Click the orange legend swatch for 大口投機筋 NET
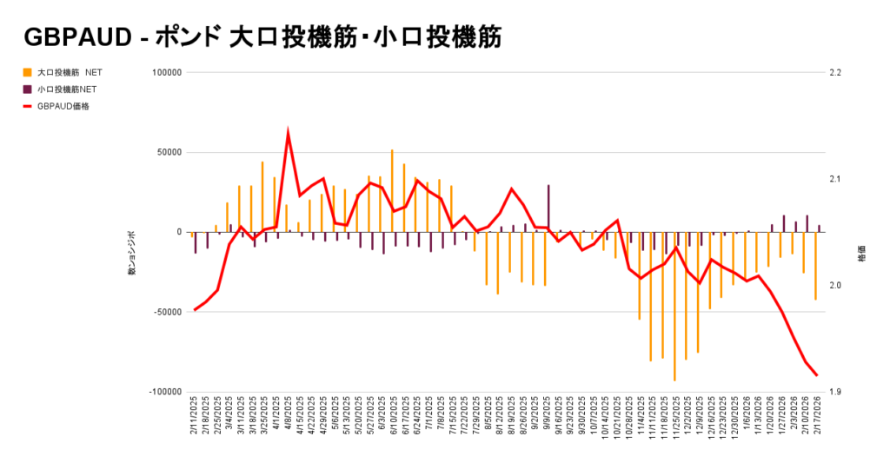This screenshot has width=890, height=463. pyautogui.click(x=28, y=71)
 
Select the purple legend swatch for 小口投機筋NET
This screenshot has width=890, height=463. pyautogui.click(x=28, y=89)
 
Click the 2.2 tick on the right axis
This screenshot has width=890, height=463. pyautogui.click(x=836, y=73)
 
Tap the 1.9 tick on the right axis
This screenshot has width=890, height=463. pyautogui.click(x=836, y=392)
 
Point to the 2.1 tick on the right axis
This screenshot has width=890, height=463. pyautogui.click(x=836, y=179)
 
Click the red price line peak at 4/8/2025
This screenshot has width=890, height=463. pyautogui.click(x=288, y=134)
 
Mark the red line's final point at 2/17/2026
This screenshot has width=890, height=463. pyautogui.click(x=817, y=375)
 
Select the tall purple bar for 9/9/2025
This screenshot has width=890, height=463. pyautogui.click(x=548, y=208)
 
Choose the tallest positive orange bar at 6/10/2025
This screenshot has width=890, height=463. pyautogui.click(x=392, y=190)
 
